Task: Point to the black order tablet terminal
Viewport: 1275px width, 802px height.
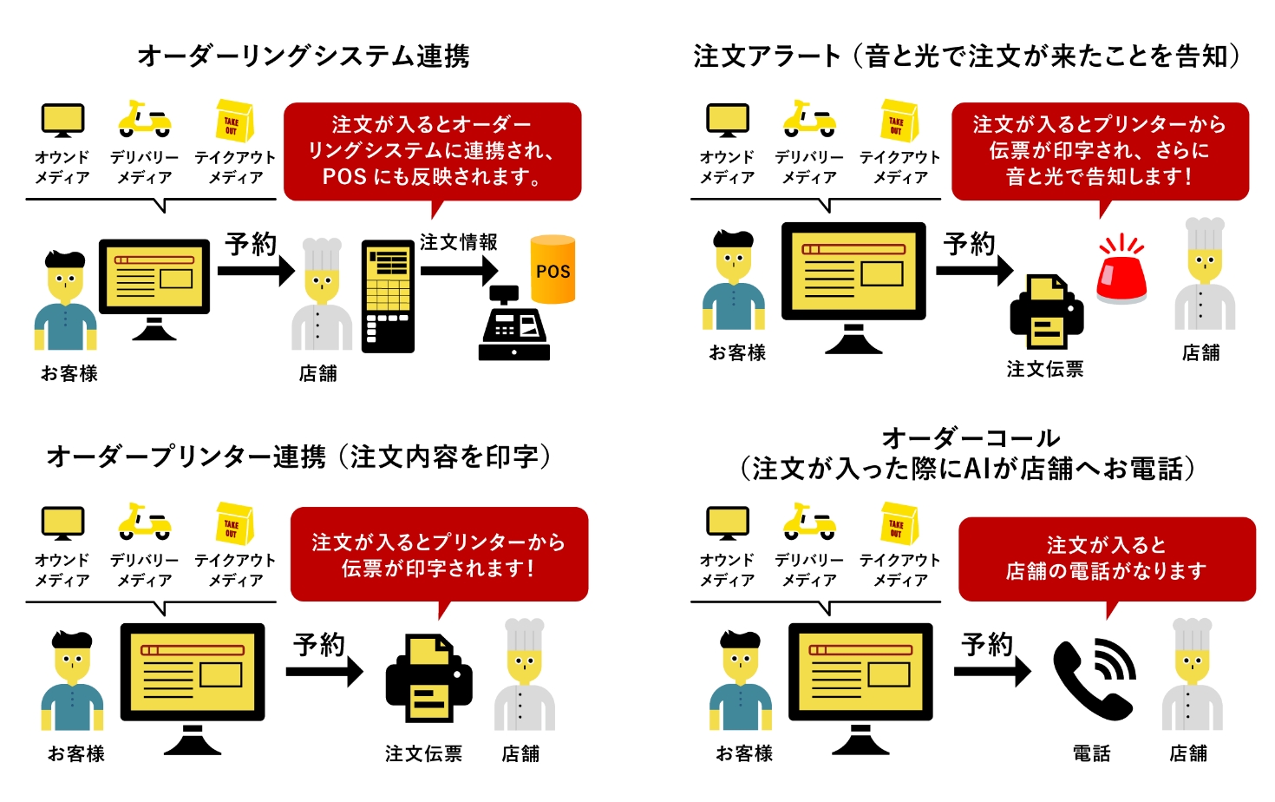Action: click(x=388, y=296)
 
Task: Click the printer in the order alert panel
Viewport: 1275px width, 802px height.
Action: click(x=1046, y=312)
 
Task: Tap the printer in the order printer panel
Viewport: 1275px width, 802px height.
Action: click(x=428, y=679)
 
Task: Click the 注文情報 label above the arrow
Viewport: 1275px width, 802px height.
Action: click(x=459, y=242)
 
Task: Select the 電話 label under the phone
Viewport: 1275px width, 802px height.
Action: click(x=1091, y=753)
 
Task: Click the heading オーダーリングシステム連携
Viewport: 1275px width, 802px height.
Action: click(x=304, y=56)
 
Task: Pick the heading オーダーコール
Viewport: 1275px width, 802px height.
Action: click(x=971, y=437)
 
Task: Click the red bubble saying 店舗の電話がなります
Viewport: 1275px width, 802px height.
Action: click(x=1107, y=559)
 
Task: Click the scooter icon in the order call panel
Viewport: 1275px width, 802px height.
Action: click(x=809, y=521)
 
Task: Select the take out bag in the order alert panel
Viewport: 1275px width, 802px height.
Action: click(x=898, y=121)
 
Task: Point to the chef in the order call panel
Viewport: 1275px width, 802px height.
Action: click(x=1193, y=677)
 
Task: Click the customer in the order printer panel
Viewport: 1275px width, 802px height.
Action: click(x=72, y=681)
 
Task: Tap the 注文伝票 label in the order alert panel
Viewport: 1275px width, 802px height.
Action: click(x=1045, y=369)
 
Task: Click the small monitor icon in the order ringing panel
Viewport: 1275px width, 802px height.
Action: click(x=62, y=121)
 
